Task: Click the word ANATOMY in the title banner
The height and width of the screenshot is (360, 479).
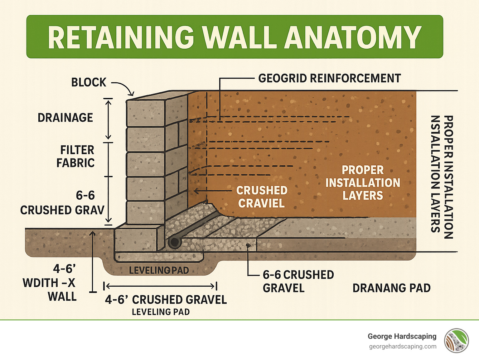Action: point(353,37)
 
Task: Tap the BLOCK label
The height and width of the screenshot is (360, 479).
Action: point(89,82)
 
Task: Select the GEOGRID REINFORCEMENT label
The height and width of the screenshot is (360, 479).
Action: point(330,78)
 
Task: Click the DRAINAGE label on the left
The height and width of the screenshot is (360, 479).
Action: point(65,118)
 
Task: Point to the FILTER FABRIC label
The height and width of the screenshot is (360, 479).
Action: point(76,156)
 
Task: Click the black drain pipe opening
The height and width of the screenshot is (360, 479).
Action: point(174,243)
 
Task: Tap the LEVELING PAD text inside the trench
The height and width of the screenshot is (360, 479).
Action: point(159,270)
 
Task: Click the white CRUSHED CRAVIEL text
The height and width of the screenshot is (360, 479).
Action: point(262,197)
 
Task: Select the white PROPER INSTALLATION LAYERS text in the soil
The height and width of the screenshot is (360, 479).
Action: point(363,183)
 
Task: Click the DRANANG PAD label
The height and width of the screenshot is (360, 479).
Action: point(391,288)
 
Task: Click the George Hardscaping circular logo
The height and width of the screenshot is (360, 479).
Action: point(457,341)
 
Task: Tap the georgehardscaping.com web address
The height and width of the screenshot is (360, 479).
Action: point(403,347)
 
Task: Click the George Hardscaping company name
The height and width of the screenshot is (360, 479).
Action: point(402,336)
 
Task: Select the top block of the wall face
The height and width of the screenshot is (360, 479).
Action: point(145,113)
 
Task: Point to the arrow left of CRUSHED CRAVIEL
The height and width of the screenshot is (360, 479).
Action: point(212,191)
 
